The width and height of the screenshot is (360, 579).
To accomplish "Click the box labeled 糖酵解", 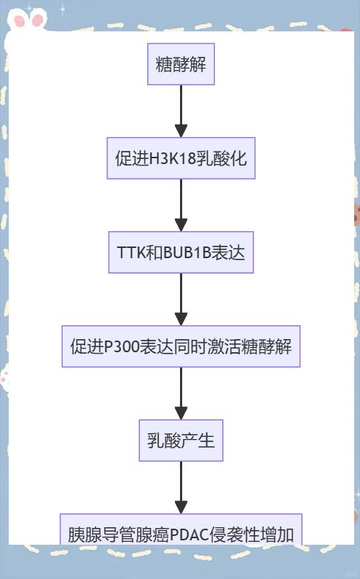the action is pos(181,64).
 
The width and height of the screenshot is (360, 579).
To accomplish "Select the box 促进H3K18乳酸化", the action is pos(181,158).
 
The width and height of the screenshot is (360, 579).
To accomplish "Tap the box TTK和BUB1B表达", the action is pos(181,252).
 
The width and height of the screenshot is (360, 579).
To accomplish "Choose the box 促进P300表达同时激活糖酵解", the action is pos(181,346).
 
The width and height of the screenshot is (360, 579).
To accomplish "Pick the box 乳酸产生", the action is pos(181,440).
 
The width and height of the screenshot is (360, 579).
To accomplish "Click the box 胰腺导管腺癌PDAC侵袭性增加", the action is pos(181,529).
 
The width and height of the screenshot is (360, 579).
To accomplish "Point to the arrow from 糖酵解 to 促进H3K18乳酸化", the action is pos(181,111).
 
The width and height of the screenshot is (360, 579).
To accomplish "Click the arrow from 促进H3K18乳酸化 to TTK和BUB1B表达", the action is pos(181,206).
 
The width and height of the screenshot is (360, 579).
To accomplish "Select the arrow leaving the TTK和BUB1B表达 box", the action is pos(181,300).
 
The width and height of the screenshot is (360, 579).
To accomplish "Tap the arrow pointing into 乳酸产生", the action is pos(181,393).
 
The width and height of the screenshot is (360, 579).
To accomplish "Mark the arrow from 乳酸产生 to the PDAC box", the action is pos(181,487).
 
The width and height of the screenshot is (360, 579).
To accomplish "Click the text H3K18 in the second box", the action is pos(172,159).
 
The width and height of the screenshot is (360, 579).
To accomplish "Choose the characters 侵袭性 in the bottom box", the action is pos(235,535).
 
